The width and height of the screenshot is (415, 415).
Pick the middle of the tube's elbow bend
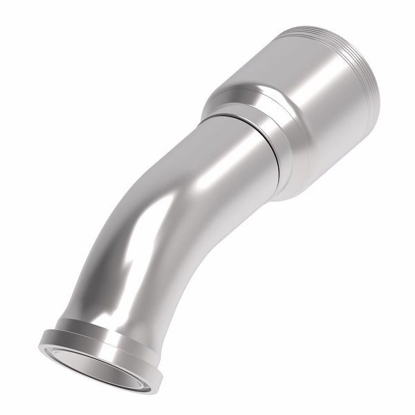159,221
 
